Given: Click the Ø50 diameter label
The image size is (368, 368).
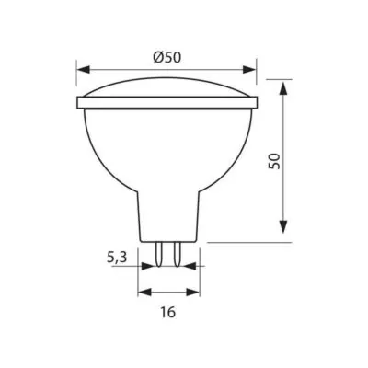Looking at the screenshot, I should (x=167, y=57).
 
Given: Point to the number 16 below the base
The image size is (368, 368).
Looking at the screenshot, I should (x=167, y=313).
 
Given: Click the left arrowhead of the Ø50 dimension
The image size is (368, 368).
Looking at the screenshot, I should (x=82, y=70).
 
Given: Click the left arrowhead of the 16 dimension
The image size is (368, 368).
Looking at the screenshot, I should (x=144, y=292).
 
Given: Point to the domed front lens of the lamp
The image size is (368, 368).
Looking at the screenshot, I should (x=166, y=88).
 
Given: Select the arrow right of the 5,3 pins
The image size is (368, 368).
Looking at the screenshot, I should (x=188, y=266).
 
